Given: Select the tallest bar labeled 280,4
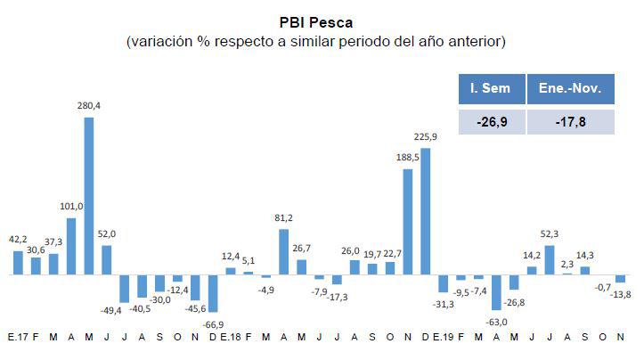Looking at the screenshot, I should pyautogui.click(x=89, y=196).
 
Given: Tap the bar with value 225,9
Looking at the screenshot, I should pyautogui.click(x=426, y=211).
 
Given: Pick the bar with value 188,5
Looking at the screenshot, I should pyautogui.click(x=408, y=222).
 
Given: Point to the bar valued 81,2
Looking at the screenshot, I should pyautogui.click(x=283, y=252).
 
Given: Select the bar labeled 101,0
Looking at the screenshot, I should pyautogui.click(x=71, y=247).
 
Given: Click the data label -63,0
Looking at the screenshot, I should pyautogui.click(x=496, y=322).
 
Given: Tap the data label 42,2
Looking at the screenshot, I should pyautogui.click(x=18, y=239).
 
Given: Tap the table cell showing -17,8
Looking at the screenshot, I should pyautogui.click(x=571, y=120).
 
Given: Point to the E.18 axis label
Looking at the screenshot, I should pyautogui.click(x=229, y=338).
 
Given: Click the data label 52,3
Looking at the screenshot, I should pyautogui.click(x=550, y=233).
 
